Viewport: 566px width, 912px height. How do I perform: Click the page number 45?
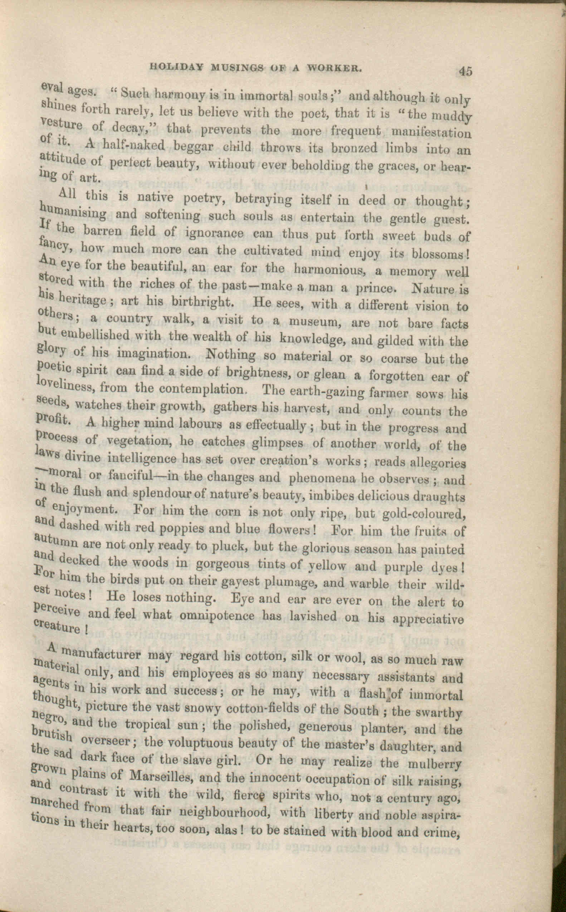pyautogui.click(x=466, y=71)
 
